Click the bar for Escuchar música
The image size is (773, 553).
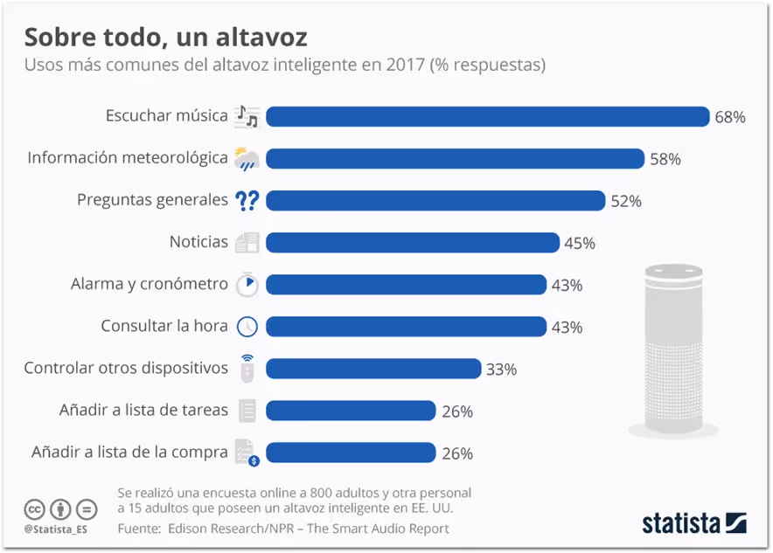coord(487,116)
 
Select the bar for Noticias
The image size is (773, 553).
coord(412,243)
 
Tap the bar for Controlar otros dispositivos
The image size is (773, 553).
coord(373,369)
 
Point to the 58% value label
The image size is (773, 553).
coord(665,159)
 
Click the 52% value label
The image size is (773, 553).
coord(626,201)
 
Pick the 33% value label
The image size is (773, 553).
coord(501,370)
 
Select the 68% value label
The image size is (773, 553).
coord(729,117)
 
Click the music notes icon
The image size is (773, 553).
coord(247,116)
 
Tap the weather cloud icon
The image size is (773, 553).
coord(247,159)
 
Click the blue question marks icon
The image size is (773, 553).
coord(247,201)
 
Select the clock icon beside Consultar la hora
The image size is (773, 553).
coord(247,327)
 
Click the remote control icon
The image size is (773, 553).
coord(247,369)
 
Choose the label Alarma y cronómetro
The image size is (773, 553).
coord(149,285)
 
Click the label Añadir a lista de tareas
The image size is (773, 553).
coord(143,410)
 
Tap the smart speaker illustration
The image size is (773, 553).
coord(673,349)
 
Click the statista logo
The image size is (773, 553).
coord(693,522)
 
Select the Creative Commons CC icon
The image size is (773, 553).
coord(34,508)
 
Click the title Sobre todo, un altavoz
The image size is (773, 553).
coord(165,38)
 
